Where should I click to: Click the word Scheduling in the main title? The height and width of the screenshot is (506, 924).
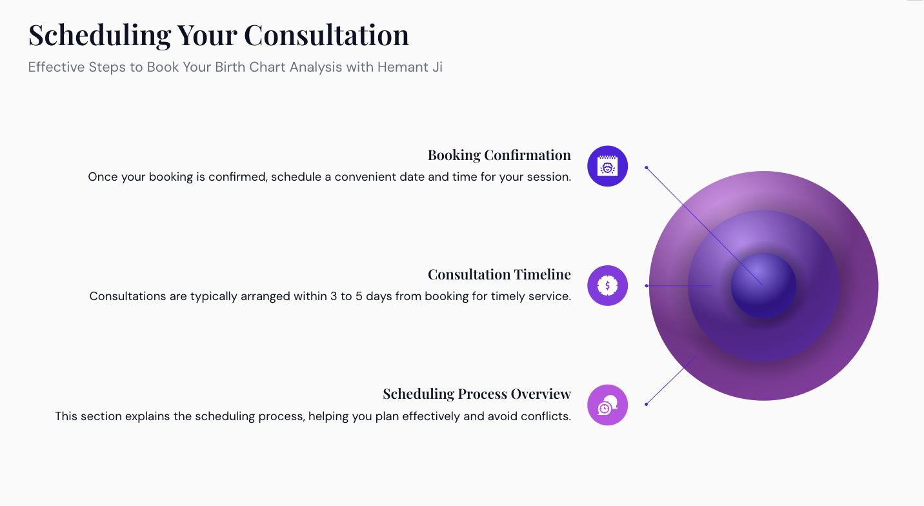tap(99, 35)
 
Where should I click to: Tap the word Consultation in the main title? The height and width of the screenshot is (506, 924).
tap(326, 35)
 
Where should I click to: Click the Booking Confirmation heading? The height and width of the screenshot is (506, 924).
tap(499, 155)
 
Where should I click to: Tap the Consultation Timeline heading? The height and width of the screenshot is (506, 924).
tap(499, 274)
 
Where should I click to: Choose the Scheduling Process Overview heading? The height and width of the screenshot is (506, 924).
tap(477, 394)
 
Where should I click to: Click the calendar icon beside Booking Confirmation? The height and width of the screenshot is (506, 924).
tap(608, 166)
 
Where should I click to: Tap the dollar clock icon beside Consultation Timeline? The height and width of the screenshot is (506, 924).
tap(608, 286)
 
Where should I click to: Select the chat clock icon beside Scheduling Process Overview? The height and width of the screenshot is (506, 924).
tap(608, 405)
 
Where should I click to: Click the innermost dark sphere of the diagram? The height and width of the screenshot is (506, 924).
tap(763, 286)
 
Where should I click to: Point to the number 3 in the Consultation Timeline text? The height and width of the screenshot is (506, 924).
tap(334, 296)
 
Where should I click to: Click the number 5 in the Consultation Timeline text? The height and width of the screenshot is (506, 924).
tap(359, 296)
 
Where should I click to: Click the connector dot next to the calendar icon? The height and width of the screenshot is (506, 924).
tap(647, 168)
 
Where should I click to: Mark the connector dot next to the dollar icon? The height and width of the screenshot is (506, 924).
tap(647, 286)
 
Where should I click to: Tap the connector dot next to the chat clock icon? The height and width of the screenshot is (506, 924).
tap(647, 405)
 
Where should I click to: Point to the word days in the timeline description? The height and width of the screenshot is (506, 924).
tap(379, 296)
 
